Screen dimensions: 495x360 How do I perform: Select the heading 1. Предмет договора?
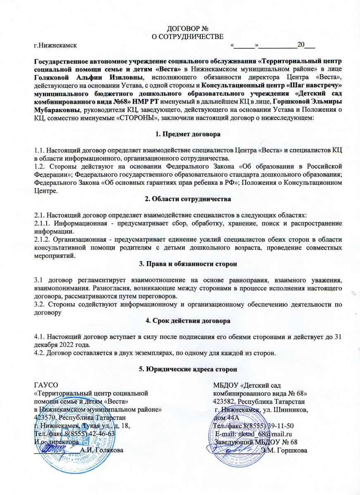pyautogui.click(x=180, y=134)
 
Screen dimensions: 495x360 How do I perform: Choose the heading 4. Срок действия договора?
pyautogui.click(x=180, y=320)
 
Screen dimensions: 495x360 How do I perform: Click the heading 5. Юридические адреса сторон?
pyautogui.click(x=180, y=369)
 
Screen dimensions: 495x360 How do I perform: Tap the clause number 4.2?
pyautogui.click(x=40, y=351)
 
